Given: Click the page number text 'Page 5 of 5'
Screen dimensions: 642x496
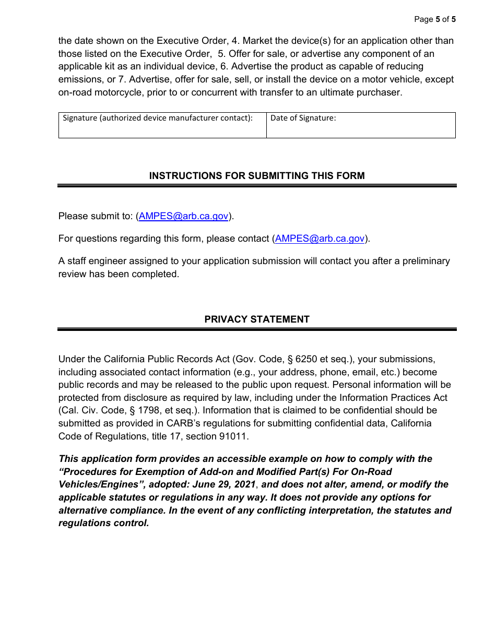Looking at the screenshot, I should coord(434,19).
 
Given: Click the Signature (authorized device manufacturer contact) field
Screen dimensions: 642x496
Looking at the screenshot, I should coord(162,125).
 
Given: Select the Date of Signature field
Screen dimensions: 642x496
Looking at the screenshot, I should coord(360,125).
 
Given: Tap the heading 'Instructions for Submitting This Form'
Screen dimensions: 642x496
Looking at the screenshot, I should coord(257,176).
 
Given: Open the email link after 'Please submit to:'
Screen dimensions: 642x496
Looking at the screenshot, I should coord(183,216).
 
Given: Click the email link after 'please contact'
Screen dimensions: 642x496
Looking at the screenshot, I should coord(320,239).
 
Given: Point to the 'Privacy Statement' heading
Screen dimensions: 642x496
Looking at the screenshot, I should coord(257,319).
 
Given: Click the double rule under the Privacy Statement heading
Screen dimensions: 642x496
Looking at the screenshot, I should coord(257,329).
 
